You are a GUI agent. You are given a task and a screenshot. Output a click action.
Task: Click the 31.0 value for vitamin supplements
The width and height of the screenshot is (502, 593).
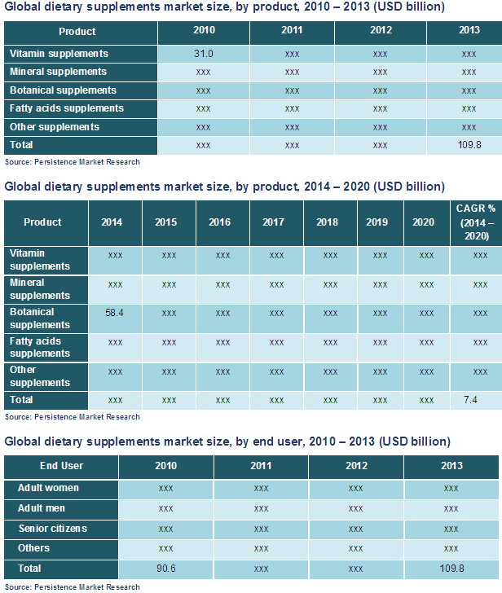point(203,54)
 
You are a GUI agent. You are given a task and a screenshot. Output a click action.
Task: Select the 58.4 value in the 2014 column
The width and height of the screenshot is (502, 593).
point(115,313)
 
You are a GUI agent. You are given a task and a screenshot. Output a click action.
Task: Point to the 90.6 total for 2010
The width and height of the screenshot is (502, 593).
point(165,568)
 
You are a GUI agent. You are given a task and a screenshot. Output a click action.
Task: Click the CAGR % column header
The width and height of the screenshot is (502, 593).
point(476,222)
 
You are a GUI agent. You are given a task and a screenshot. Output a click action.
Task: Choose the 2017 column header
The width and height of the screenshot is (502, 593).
point(276,222)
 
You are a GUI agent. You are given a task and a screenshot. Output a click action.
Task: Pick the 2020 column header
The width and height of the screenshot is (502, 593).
point(424,222)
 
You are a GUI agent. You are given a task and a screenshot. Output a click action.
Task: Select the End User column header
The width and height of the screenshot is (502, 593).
point(61,466)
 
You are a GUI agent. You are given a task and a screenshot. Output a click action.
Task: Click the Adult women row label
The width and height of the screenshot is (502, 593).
point(49,488)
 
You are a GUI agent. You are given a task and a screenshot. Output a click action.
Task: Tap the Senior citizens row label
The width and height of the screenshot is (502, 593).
point(53,529)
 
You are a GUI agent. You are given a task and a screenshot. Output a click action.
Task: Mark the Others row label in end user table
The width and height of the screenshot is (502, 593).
point(33,548)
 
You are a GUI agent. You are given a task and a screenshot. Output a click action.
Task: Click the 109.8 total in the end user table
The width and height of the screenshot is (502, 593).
point(451,568)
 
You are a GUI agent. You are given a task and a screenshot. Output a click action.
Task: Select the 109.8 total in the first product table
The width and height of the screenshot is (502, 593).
point(469,145)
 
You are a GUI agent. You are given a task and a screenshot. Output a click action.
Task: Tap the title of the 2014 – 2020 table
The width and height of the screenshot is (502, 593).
point(224,187)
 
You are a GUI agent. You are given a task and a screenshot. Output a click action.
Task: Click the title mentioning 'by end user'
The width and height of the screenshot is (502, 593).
point(227,441)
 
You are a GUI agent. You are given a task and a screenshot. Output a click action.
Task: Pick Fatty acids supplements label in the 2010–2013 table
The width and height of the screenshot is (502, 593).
point(67,108)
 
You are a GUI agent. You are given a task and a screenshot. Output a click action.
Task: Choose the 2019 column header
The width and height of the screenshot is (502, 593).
point(377,222)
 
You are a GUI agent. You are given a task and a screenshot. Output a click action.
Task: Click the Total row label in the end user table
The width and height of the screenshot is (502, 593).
point(30,568)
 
